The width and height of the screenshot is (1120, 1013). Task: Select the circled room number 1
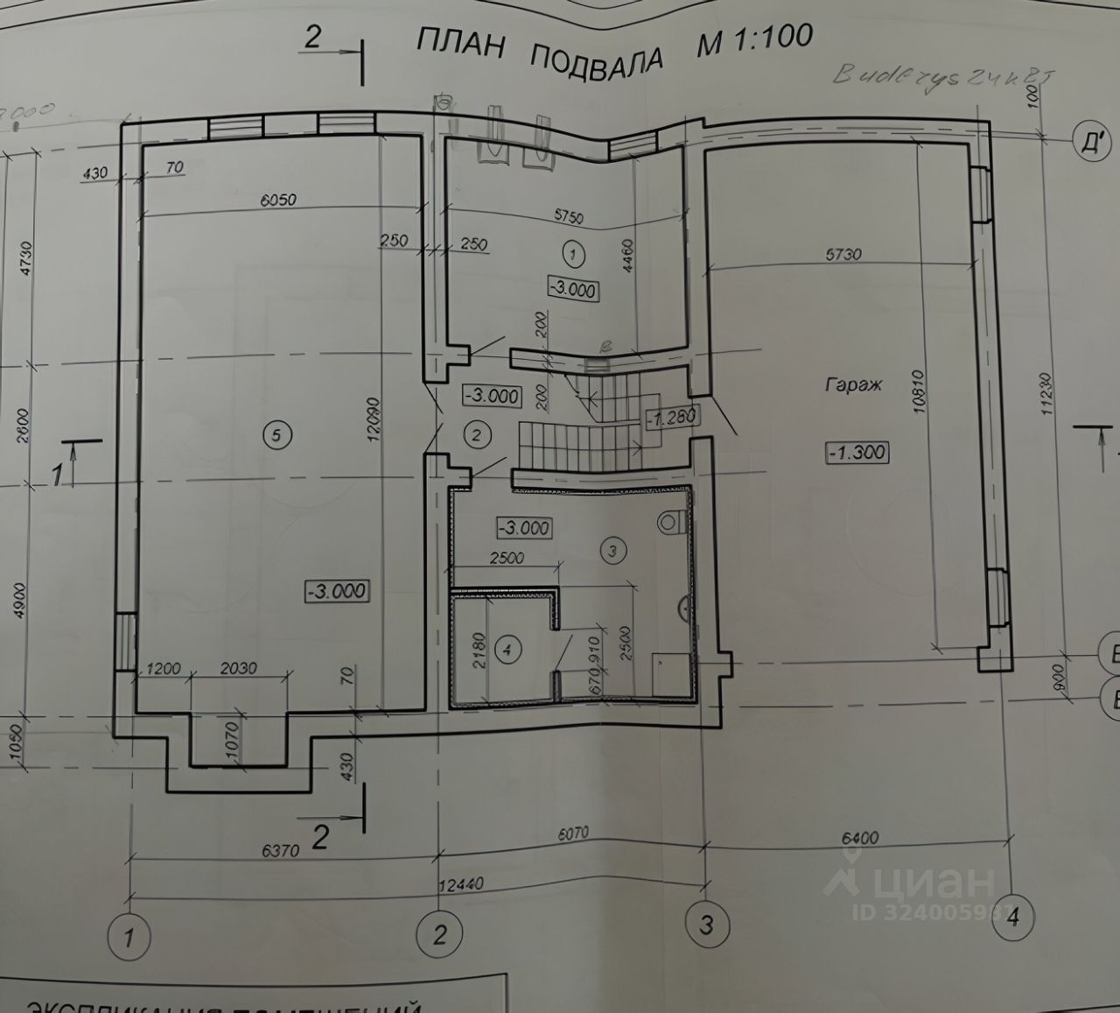coord(573,255)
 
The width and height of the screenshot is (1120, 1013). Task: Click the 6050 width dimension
coord(277,200)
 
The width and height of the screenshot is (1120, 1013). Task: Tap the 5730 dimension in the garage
coord(843,255)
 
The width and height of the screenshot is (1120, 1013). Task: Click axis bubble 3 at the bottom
coord(706,925)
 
